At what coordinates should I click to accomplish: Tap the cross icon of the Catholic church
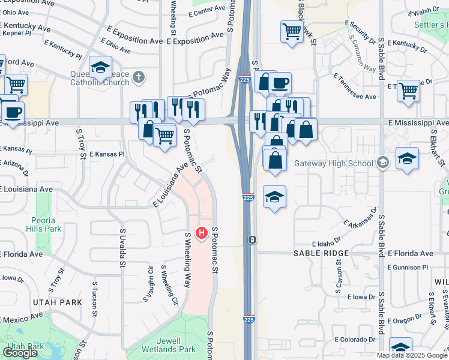[139, 77]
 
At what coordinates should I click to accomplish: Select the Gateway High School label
[333, 163]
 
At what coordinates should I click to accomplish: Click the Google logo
[20, 352]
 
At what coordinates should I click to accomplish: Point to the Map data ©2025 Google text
[412, 355]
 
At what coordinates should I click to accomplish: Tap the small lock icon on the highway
[253, 240]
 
